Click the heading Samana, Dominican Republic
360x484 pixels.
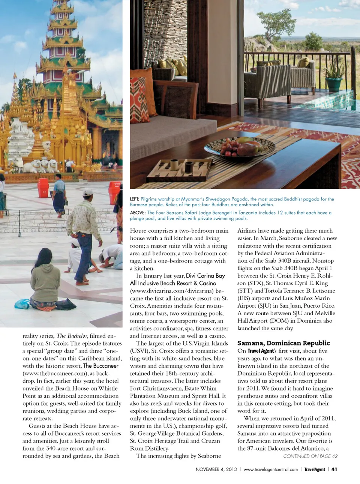tap(283, 343)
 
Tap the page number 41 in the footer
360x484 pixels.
tap(334, 469)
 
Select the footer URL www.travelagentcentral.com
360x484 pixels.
tap(270, 469)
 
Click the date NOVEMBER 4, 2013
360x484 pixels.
tap(216, 469)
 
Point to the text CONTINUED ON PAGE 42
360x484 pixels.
tap(310, 456)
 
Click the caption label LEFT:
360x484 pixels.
tap(135, 199)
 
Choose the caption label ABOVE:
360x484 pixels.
tap(138, 213)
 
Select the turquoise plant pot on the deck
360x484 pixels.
tap(334, 84)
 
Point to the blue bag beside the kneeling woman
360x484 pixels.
tap(22, 304)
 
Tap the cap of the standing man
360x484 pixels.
tap(88, 193)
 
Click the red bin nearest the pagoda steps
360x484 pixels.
tap(43, 188)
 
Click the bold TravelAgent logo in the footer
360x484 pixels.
tap(314, 469)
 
